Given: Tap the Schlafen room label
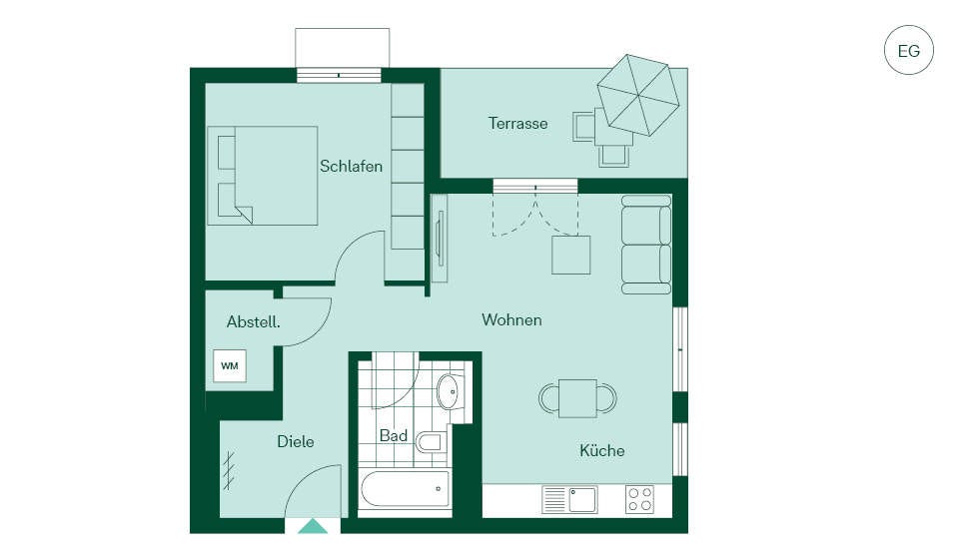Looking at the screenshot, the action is pos(351,167).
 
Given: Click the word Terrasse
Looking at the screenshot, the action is pos(517,124).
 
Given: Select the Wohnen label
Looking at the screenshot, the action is pos(511,319).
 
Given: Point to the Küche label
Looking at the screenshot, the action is pos(601,450).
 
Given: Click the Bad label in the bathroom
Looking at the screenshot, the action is pos(394,436).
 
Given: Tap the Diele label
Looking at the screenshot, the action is pos(296,441).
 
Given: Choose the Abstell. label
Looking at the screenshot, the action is pos(253,321).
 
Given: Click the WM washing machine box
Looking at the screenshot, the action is pos(230,366).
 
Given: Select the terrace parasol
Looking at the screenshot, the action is pos(638,95).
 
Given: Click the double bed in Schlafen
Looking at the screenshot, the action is pos(263,176).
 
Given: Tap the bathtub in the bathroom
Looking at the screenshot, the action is pos(406,489).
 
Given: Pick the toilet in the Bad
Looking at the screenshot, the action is pos(431,441).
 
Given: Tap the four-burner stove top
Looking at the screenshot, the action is pos(639,499).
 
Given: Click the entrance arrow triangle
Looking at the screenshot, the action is pos(313,526).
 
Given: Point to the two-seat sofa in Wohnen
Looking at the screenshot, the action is pos(646,245).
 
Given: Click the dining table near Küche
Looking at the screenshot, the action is pos(577,398).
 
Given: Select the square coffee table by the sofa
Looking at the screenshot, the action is pos(571,255).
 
